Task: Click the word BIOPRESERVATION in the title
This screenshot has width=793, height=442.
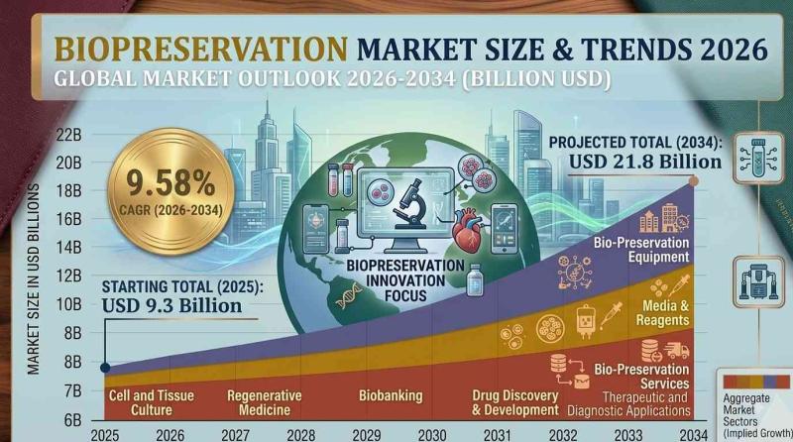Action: pos(201,49)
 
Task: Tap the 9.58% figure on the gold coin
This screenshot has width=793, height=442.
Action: pos(170,182)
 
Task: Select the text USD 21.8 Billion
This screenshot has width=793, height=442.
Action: pos(645,162)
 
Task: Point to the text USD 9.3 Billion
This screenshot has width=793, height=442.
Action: pos(171,305)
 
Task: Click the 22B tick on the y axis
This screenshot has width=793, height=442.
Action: pos(69,136)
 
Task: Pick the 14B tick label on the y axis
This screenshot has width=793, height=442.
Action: pos(69,248)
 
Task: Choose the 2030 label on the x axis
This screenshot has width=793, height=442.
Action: pos(432,435)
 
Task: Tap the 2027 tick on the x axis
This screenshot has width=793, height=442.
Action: pos(235,435)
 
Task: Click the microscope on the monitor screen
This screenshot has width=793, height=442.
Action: pos(410,203)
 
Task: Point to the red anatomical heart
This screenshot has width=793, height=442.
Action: pos(467,230)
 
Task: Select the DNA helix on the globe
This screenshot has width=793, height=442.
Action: pos(349,296)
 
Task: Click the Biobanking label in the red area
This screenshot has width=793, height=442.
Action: pos(391,395)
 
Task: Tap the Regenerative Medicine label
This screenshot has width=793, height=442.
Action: pos(264,402)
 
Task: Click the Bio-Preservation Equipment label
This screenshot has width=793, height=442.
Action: pos(641,250)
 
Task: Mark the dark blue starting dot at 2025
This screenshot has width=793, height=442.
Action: pos(105,368)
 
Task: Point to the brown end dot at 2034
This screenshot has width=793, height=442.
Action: pos(693,181)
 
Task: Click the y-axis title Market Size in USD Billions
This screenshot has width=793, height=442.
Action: pos(34,279)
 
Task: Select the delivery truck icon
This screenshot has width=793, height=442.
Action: pos(676,350)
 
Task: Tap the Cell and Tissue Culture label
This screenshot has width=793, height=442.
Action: pos(152,402)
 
